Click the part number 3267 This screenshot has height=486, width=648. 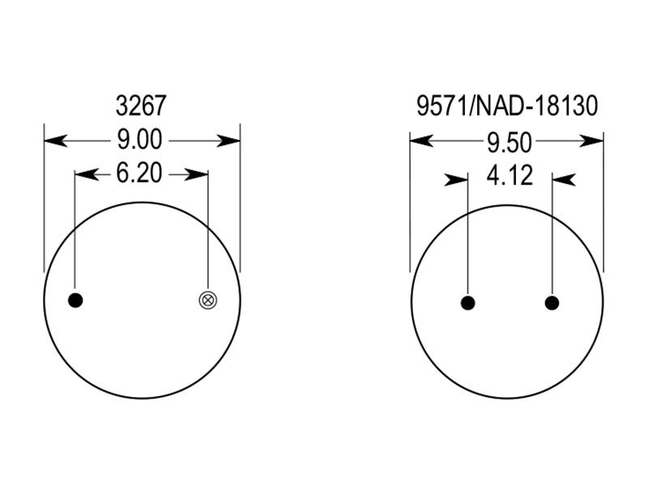[141, 105]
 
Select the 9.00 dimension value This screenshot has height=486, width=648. [139, 139]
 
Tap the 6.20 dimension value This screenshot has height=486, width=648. [139, 173]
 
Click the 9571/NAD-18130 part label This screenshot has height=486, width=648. [507, 105]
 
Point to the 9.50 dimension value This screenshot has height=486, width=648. [509, 143]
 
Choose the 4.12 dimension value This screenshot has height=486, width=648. [509, 176]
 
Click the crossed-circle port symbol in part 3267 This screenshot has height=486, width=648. [208, 301]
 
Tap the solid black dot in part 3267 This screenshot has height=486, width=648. [75, 301]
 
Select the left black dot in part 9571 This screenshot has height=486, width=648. [468, 303]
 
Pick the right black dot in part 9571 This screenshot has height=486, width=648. [552, 303]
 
